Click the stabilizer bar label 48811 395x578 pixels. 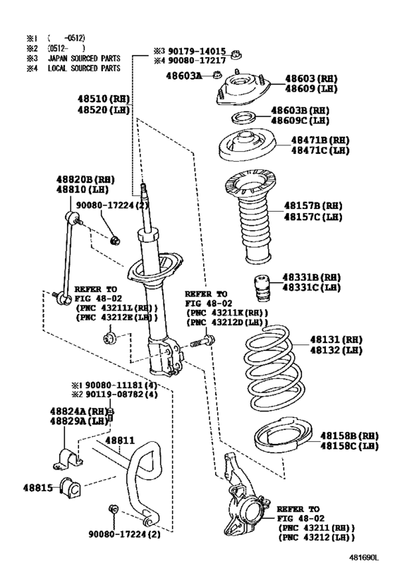tap(119, 440)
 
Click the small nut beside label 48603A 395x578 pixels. tap(218, 73)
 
